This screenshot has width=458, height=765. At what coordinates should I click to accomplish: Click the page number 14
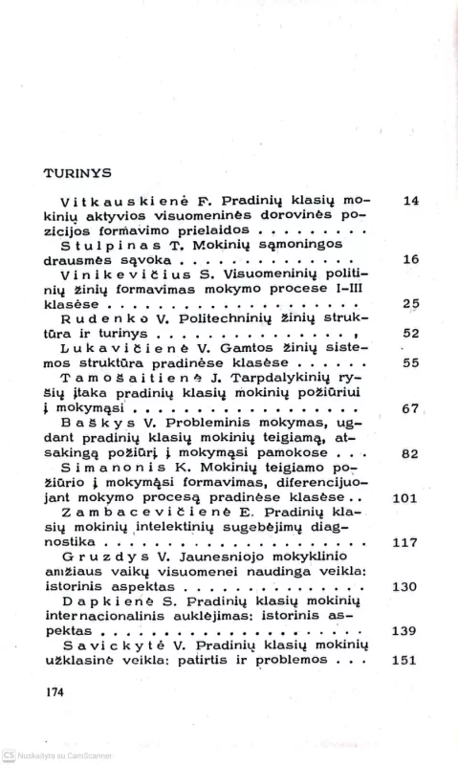(x=412, y=201)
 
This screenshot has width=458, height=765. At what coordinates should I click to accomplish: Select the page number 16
(x=412, y=259)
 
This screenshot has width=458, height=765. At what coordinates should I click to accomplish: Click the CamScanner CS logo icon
(x=8, y=754)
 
